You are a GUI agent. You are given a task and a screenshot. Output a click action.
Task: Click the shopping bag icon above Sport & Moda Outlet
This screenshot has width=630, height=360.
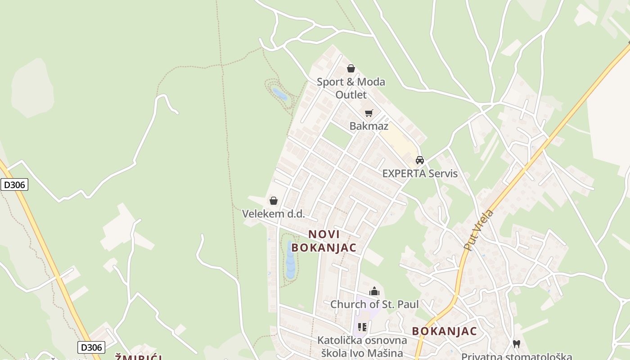(351, 68)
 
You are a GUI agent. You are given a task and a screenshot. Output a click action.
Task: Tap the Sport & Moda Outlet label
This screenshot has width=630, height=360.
(351, 88)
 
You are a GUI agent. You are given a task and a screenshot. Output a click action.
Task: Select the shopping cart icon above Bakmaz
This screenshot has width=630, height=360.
(369, 113)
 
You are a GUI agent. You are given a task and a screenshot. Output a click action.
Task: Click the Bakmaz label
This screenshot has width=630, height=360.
(369, 126)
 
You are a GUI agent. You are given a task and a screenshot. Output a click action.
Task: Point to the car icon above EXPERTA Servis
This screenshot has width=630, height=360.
(420, 160)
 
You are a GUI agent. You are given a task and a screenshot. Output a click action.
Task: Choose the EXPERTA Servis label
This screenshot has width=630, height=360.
(420, 174)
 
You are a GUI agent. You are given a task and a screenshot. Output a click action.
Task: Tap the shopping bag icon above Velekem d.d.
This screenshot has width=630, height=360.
(274, 201)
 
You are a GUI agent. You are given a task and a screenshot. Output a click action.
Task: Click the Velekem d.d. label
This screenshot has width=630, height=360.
(274, 214)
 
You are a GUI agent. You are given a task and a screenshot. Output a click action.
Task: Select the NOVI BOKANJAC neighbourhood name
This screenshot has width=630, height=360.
(324, 241)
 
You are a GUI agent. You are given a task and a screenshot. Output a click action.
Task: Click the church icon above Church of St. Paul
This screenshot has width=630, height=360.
(374, 291)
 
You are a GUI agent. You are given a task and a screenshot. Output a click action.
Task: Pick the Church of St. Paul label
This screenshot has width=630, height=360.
(374, 304)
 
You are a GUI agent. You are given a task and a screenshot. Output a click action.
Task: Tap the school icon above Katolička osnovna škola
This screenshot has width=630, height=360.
(362, 327)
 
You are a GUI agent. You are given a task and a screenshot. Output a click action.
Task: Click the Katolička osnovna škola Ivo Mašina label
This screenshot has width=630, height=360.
(362, 346)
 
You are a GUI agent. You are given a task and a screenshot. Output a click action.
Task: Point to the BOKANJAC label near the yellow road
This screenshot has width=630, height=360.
(444, 331)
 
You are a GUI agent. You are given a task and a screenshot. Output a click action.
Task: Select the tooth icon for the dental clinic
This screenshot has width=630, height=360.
(517, 344)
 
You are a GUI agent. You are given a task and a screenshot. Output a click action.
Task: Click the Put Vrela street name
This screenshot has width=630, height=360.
(479, 229)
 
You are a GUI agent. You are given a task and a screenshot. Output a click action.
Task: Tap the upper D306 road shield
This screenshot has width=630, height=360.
(14, 184)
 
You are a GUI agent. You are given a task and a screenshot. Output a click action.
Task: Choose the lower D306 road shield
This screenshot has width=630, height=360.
(91, 347)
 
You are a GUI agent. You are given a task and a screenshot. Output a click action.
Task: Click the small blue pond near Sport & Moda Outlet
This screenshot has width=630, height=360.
(279, 94)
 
